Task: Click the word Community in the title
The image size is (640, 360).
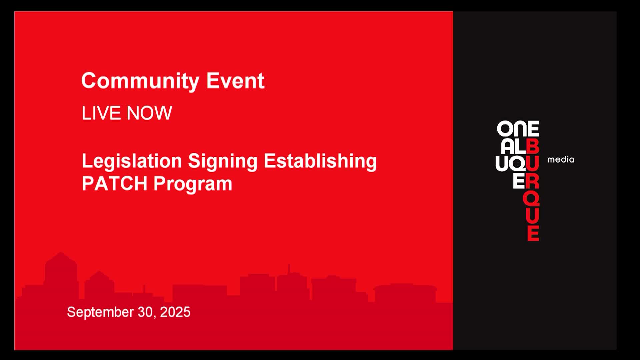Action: coord(140,81)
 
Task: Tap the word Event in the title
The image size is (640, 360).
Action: coord(235,80)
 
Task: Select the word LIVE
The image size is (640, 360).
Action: coord(101,113)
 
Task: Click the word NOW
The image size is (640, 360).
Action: coord(149,113)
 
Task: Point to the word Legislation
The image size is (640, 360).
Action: coord(132,161)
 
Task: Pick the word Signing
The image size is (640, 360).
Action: coord(223,162)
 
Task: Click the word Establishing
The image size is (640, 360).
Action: coord(320,162)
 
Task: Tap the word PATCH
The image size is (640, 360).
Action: coord(114,183)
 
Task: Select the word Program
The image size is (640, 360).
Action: coord(193,184)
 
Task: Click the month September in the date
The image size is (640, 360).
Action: coord(100,312)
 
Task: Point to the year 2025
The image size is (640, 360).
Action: coord(175,312)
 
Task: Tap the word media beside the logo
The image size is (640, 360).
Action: coord(561,160)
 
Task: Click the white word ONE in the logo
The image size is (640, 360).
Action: coord(518,129)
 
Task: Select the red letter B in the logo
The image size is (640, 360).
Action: coord(533,146)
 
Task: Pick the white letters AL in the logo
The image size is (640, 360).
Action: coord(513,146)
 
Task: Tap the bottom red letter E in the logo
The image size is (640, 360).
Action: coord(533,233)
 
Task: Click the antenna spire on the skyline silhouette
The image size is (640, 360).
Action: coord(289,268)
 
